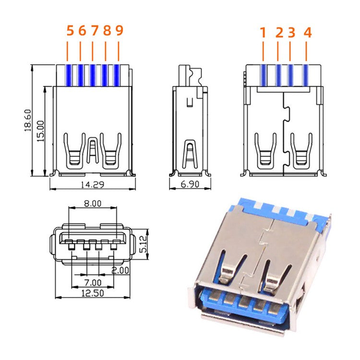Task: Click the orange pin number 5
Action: coord(70,31)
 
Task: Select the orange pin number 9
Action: coord(120,31)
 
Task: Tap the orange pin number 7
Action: coord(95,31)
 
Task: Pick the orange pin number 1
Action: coord(263,33)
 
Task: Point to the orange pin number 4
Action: coord(308,33)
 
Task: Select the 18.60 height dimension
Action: coord(27,120)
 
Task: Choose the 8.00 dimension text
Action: coord(93,204)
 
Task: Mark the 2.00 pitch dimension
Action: coord(120,270)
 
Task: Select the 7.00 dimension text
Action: coord(93,282)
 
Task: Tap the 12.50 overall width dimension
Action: coord(93,293)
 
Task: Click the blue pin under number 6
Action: coord(81,74)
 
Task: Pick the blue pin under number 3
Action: coord(290,74)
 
